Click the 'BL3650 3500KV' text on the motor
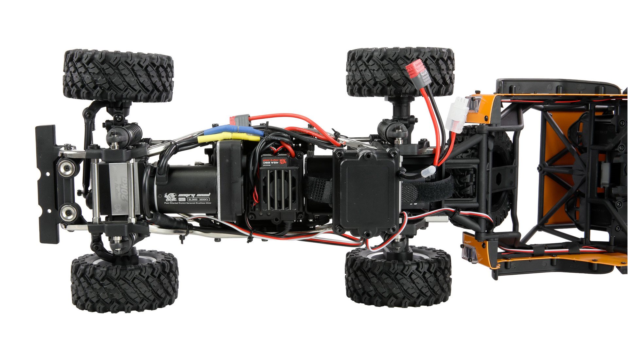198,199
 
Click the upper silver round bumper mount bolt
67,168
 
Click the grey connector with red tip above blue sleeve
241,120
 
